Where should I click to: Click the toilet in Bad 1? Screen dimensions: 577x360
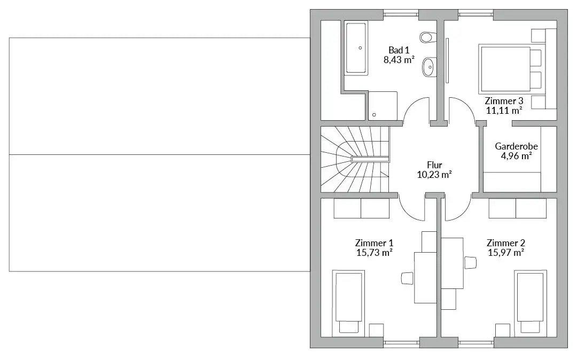(427, 37)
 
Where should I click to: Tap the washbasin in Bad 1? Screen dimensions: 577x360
(428, 67)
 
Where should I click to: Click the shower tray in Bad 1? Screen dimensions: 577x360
(383, 106)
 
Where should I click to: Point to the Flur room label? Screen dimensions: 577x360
(434, 165)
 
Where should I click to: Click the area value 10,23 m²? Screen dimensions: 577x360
(434, 175)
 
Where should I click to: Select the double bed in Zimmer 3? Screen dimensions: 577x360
(511, 68)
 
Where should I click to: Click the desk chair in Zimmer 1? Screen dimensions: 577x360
(407, 278)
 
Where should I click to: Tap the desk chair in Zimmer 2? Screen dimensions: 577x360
(471, 263)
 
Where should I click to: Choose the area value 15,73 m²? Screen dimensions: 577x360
(374, 253)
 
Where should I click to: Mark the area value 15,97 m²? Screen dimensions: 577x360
(506, 253)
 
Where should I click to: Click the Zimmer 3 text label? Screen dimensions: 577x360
(504, 101)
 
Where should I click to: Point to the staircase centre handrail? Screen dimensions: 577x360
(370, 159)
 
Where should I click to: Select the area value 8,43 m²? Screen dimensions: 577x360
(399, 60)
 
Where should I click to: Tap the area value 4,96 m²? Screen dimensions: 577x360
(516, 155)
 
